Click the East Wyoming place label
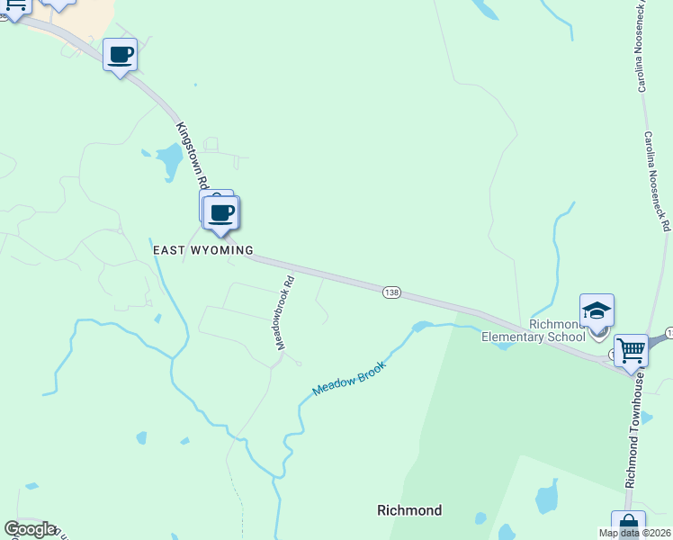(x=202, y=250)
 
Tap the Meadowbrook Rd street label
(x=285, y=313)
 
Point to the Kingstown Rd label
(x=193, y=156)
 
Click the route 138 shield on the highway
(x=391, y=292)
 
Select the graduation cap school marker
(x=597, y=311)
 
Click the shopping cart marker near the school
(x=632, y=348)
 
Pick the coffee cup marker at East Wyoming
(x=221, y=213)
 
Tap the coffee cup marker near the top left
(x=121, y=55)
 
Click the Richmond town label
(x=409, y=510)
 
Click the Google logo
(x=29, y=529)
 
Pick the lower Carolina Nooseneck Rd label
(x=658, y=180)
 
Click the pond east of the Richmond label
(x=546, y=498)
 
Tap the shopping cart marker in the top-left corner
(x=14, y=4)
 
